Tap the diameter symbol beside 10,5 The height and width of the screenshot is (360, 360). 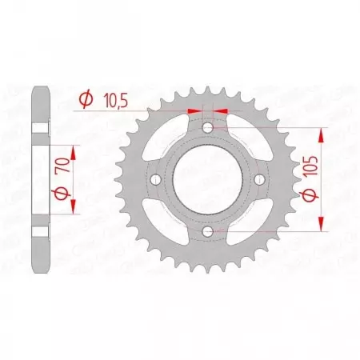coord(84,99)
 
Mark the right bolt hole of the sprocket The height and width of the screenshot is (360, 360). coord(260,180)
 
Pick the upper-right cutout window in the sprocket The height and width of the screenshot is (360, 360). coord(245,143)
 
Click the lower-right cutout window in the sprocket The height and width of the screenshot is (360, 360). coord(245,217)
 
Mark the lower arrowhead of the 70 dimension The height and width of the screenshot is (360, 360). coord(74,209)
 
